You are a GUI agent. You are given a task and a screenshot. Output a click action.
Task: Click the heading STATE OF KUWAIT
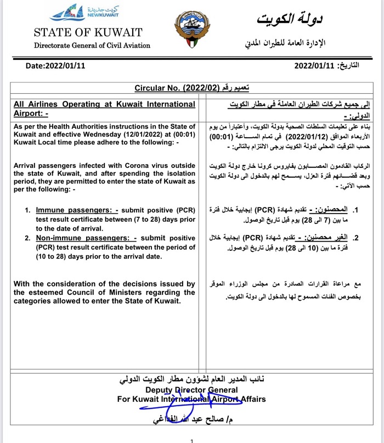point(88,33)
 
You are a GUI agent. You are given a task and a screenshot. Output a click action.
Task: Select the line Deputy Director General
point(191,390)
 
